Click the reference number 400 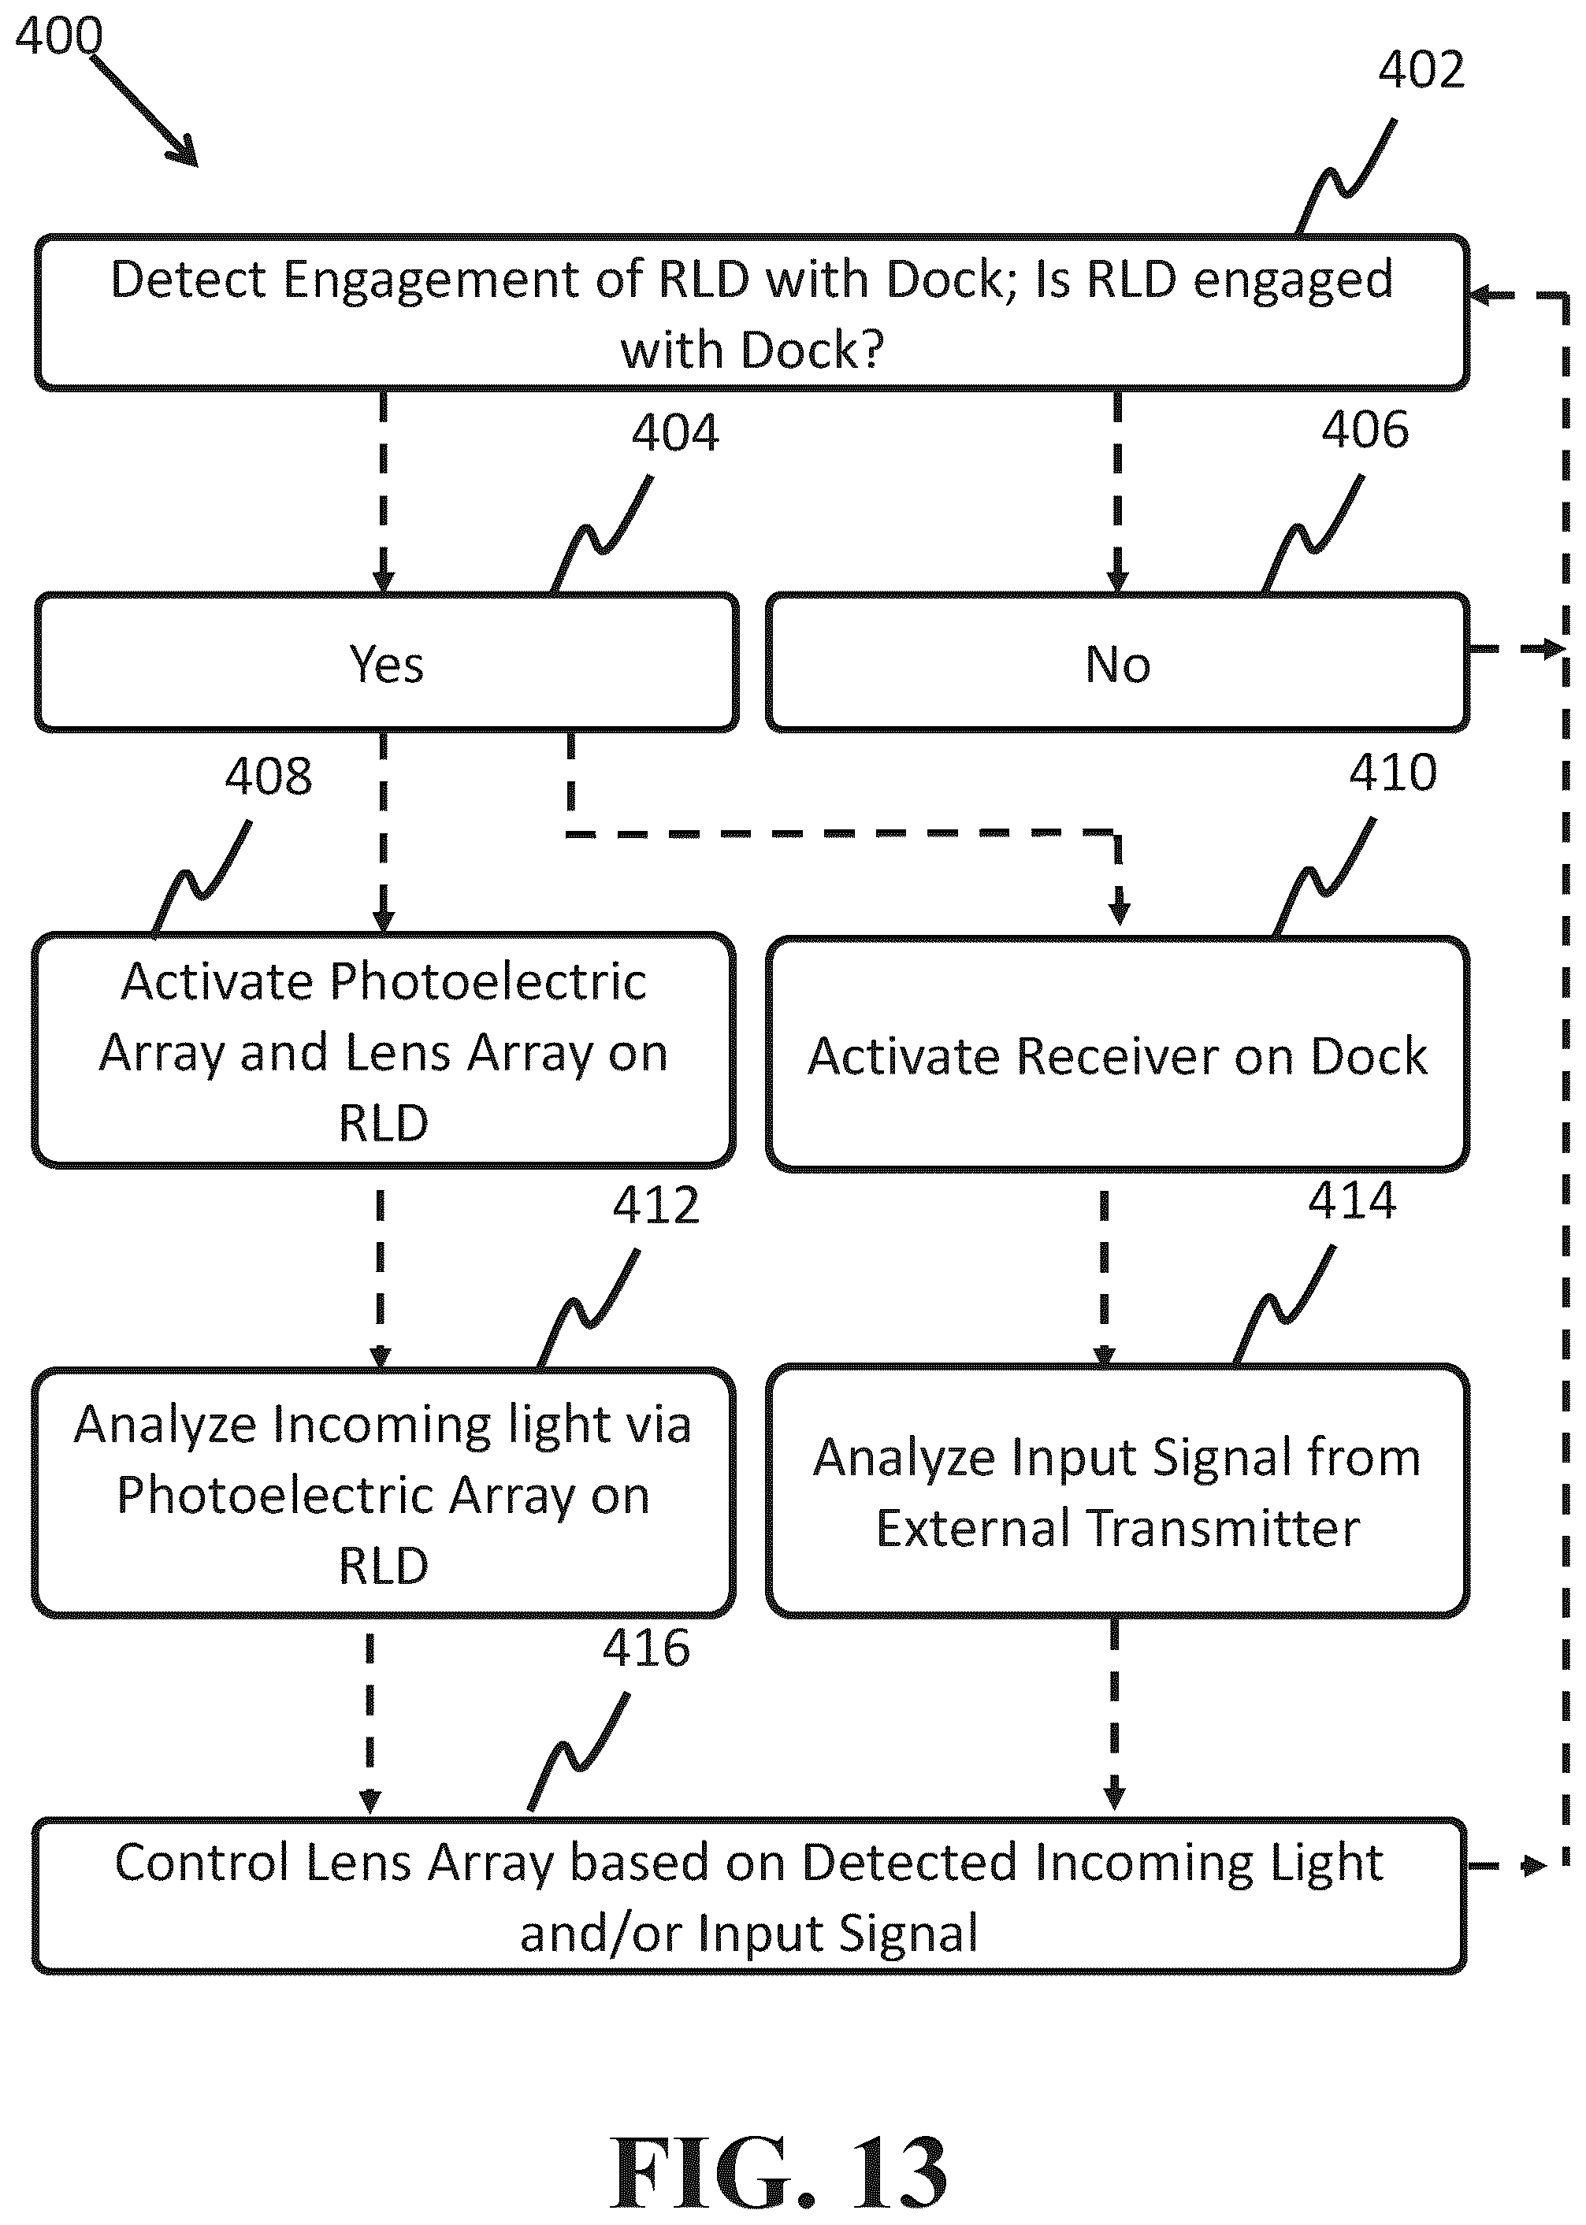point(58,36)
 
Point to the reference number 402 point(1421,70)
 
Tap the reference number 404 point(675,432)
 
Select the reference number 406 point(1365,429)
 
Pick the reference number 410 point(1393,773)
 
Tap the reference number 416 point(645,1648)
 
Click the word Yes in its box point(387,665)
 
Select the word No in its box point(1118,665)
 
